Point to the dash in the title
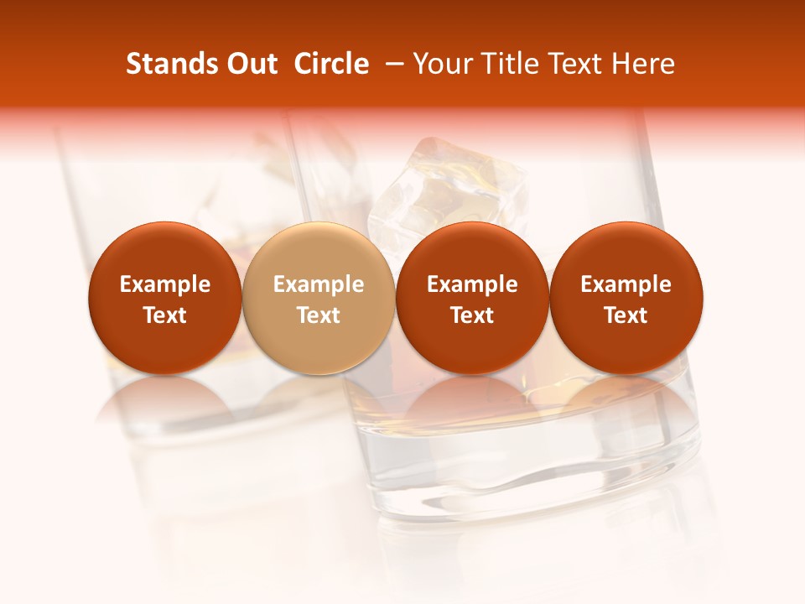pos(394,64)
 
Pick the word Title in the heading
pos(512,64)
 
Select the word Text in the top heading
pos(576,64)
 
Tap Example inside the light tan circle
pos(319,285)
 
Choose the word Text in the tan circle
pos(319,315)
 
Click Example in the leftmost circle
pos(165,285)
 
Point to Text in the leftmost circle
pos(165,315)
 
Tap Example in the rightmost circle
pos(626,285)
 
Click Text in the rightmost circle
pos(626,315)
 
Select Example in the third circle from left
pos(472,285)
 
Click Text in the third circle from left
pos(472,315)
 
